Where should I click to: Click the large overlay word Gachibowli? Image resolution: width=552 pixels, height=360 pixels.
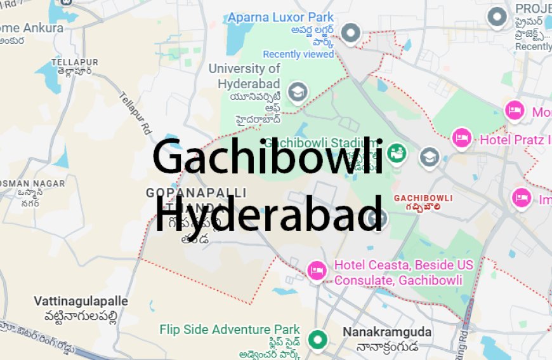[x=268, y=159]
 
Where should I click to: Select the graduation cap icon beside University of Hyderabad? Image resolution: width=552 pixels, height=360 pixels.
[x=296, y=93]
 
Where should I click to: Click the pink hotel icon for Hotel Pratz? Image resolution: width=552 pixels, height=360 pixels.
[x=461, y=138]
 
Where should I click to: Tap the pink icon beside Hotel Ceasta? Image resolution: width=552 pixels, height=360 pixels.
[x=316, y=271]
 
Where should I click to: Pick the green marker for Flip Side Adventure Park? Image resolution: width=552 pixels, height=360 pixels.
[x=316, y=339]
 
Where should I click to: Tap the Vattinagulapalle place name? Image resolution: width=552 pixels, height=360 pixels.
[x=82, y=300]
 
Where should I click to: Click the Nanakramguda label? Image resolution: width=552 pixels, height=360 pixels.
[x=386, y=332]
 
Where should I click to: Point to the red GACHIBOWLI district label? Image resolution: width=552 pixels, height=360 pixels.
[x=423, y=197]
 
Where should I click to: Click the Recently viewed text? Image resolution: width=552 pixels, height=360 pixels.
[x=298, y=55]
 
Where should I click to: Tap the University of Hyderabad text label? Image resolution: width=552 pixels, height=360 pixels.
[x=244, y=76]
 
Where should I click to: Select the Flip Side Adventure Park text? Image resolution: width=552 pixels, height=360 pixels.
[x=230, y=330]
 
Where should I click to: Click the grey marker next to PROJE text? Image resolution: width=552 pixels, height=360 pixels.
[x=496, y=17]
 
